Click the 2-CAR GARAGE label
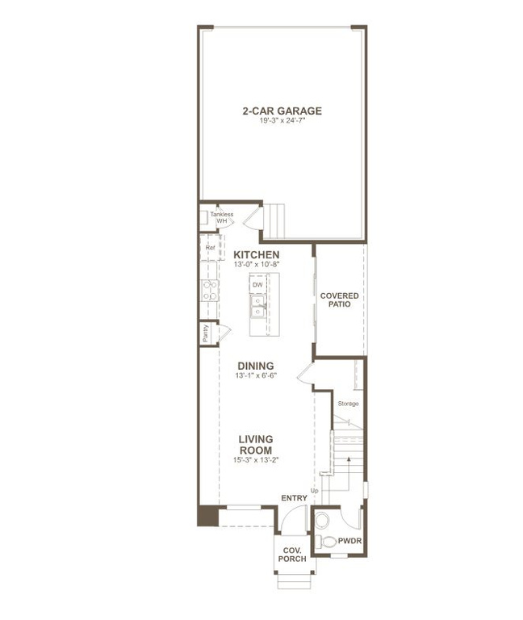[x=282, y=111]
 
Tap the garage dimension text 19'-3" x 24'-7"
[x=282, y=120]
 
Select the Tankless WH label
[x=221, y=217]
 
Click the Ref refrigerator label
[x=210, y=248]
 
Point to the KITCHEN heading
[x=257, y=255]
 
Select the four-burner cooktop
[x=209, y=290]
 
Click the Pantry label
[x=206, y=333]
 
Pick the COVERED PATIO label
[x=339, y=300]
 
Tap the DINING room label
[x=255, y=366]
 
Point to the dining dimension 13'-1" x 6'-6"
[x=255, y=375]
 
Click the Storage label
[x=348, y=403]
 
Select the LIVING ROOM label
[x=255, y=445]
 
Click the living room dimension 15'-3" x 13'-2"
[x=255, y=460]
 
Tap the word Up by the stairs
[x=314, y=491]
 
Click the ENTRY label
[x=294, y=498]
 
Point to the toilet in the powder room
[x=327, y=540]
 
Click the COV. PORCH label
[x=292, y=553]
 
